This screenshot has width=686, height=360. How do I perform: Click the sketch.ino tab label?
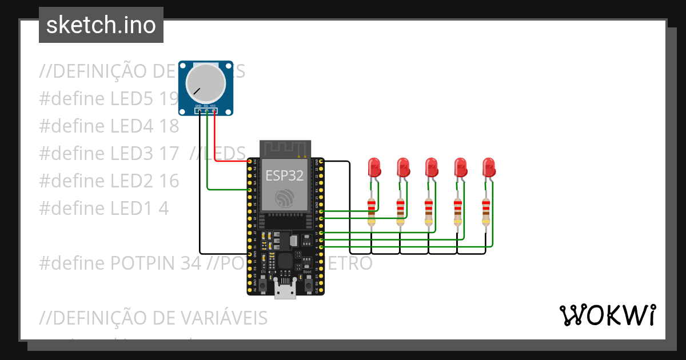101,25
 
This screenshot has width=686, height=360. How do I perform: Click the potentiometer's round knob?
205,83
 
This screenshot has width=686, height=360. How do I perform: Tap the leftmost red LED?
374,167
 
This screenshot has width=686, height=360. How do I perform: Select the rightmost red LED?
489,167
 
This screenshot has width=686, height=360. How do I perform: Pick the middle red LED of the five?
432,167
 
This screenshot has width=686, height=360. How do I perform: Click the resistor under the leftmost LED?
372,211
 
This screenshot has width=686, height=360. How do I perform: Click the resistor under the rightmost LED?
486,211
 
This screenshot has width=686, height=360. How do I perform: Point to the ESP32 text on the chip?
284,175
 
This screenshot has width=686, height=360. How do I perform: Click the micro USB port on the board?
285,290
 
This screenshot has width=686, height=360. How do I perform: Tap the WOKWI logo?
607,315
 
